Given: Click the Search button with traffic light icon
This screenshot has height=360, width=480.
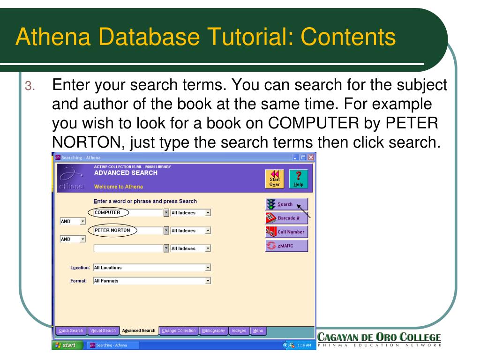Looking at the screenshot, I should click(286, 204).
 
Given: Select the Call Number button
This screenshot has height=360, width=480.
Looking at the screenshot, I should click(286, 232).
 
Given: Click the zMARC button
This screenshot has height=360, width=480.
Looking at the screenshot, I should click(286, 246).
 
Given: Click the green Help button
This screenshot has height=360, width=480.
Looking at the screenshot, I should click(299, 180).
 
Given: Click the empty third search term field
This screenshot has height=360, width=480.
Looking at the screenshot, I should click(127, 248).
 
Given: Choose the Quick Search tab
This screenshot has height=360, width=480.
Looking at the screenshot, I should click(70, 330).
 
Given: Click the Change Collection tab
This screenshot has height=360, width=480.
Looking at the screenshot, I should click(179, 330).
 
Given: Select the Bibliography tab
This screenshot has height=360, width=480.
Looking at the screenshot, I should click(214, 330).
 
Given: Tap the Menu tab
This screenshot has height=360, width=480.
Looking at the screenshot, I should click(258, 330).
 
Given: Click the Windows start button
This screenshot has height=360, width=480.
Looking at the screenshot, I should click(69, 345).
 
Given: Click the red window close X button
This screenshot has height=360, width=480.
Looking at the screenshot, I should click(310, 161).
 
